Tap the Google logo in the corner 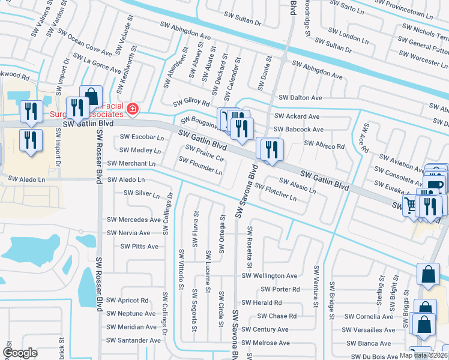[20, 353]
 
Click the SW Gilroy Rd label [191, 104]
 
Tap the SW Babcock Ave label [298, 129]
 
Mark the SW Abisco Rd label [324, 145]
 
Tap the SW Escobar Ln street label [142, 137]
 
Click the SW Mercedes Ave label [134, 220]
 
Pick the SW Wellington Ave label [270, 276]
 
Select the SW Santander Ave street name [134, 340]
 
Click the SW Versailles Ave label [369, 330]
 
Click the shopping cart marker [411, 206]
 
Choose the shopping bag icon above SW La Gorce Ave [91, 96]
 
